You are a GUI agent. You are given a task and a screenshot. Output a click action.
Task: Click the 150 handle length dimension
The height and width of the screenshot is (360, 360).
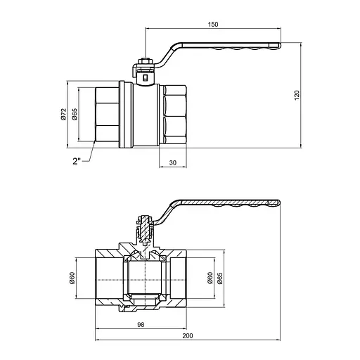[x=213, y=25]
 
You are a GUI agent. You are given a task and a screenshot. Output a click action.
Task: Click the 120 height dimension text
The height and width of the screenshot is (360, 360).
[x=297, y=95]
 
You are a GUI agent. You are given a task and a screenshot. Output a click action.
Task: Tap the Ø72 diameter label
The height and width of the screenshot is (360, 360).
[x=63, y=114]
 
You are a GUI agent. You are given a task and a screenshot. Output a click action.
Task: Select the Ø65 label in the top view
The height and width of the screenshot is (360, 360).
[x=75, y=114]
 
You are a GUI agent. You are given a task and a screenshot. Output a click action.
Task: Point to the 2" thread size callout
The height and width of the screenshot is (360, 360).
[x=77, y=161]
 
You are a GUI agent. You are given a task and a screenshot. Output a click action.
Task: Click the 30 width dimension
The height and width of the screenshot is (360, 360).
[x=173, y=162]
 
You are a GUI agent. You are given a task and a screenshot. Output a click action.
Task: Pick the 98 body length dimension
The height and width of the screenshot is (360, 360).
[x=141, y=325]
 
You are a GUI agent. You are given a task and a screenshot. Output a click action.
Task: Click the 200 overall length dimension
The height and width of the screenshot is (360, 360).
[x=188, y=336]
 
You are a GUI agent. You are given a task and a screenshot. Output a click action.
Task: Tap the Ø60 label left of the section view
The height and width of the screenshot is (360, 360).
[x=72, y=278]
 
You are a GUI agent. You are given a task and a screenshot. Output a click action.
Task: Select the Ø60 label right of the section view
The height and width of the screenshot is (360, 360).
[x=210, y=278]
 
